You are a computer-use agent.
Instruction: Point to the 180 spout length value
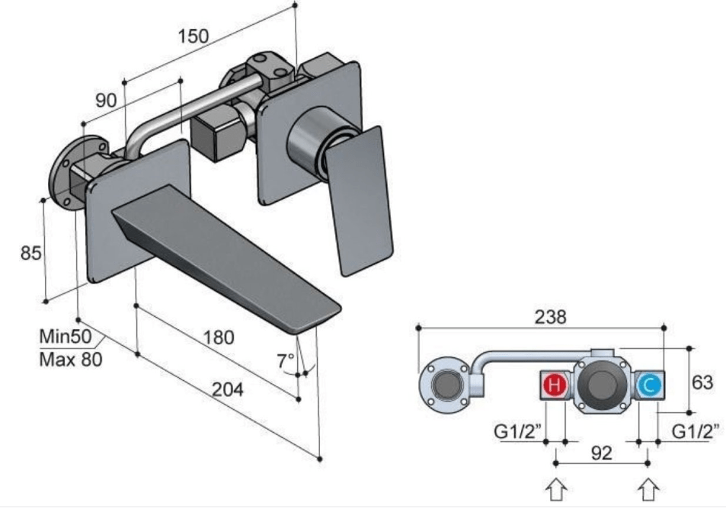219,337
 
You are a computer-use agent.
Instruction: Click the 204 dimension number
228,390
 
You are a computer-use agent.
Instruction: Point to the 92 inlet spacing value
601,453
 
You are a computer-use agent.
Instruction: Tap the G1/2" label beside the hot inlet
518,432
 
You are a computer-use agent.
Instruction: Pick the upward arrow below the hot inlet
557,488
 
